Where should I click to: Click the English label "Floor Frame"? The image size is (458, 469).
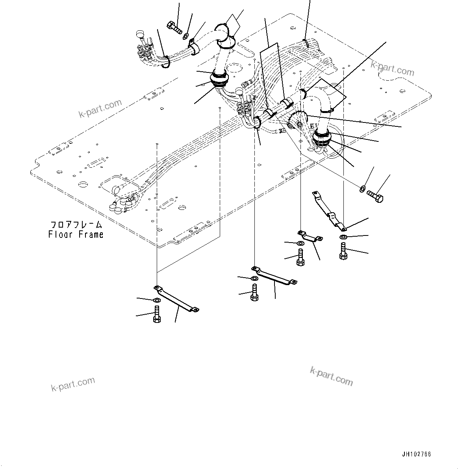(x=76, y=235)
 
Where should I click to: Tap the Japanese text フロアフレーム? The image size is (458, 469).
(x=76, y=225)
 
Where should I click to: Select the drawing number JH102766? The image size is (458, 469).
(x=416, y=454)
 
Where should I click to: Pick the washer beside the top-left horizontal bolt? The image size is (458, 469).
(x=185, y=37)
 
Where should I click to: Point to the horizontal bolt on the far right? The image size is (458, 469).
(x=375, y=196)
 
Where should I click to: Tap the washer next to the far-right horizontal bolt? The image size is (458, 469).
(x=362, y=189)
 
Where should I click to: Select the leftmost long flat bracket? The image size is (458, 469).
(x=177, y=299)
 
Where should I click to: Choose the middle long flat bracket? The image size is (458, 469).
(x=274, y=275)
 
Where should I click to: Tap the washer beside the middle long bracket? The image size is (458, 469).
(x=254, y=279)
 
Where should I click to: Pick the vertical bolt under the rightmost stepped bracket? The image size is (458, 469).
(x=343, y=251)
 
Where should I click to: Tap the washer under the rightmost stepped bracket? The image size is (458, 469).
(x=343, y=237)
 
